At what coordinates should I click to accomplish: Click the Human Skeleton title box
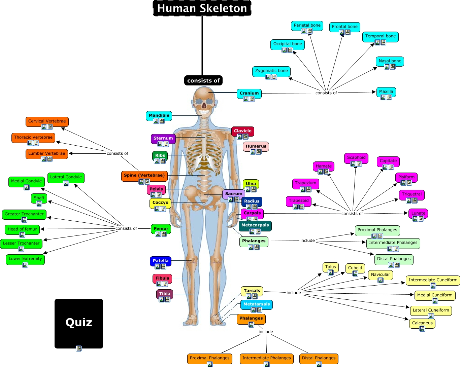pos(202,8)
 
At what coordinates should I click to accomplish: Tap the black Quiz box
pos(78,322)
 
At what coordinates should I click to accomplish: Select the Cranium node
pos(249,93)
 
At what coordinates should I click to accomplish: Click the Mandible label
pos(159,115)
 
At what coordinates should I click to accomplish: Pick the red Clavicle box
pos(242,131)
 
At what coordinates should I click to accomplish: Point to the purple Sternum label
pos(163,138)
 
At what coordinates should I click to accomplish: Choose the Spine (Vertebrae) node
pos(144,175)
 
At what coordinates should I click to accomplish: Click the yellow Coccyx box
pos(160,203)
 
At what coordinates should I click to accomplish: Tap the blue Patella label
pos(161,261)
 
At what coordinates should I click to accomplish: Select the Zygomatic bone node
pos(271,71)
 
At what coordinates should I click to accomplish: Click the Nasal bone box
pos(390,61)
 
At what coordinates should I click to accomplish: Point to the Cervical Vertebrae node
pos(47,121)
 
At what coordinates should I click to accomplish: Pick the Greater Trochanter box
pos(24,214)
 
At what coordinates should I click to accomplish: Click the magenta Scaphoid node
pos(356,157)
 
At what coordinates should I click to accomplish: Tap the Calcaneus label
pos(422,323)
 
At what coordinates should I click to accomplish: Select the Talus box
pos(330,267)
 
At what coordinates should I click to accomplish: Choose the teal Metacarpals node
pos(255,225)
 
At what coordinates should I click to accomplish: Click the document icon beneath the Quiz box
pos(79,348)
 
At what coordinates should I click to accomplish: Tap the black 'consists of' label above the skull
pos(203,80)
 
